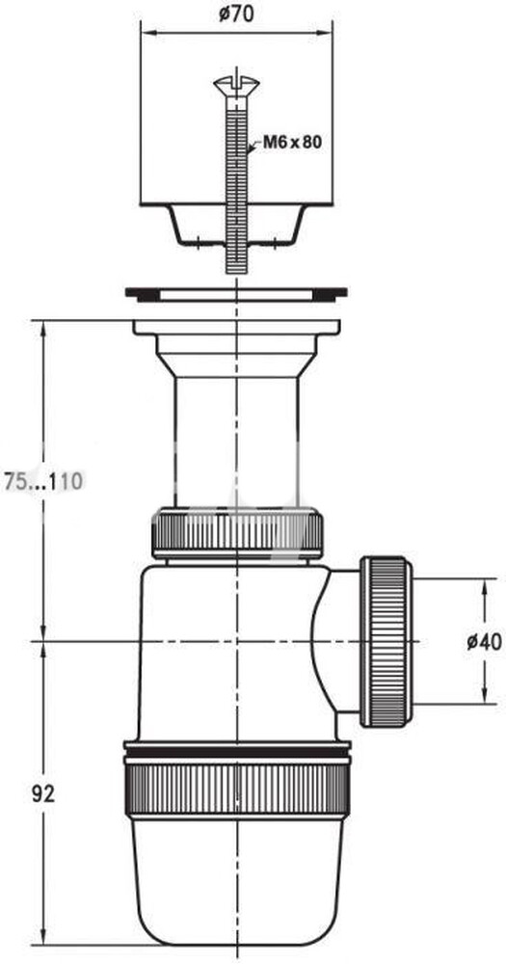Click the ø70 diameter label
tap(236, 14)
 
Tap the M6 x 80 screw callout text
tap(292, 143)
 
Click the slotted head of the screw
tap(237, 84)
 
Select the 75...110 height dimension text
tap(42, 481)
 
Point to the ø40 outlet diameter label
tap(483, 642)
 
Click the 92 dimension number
tap(42, 793)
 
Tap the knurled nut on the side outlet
tap(386, 642)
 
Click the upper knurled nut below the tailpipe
tap(237, 532)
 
